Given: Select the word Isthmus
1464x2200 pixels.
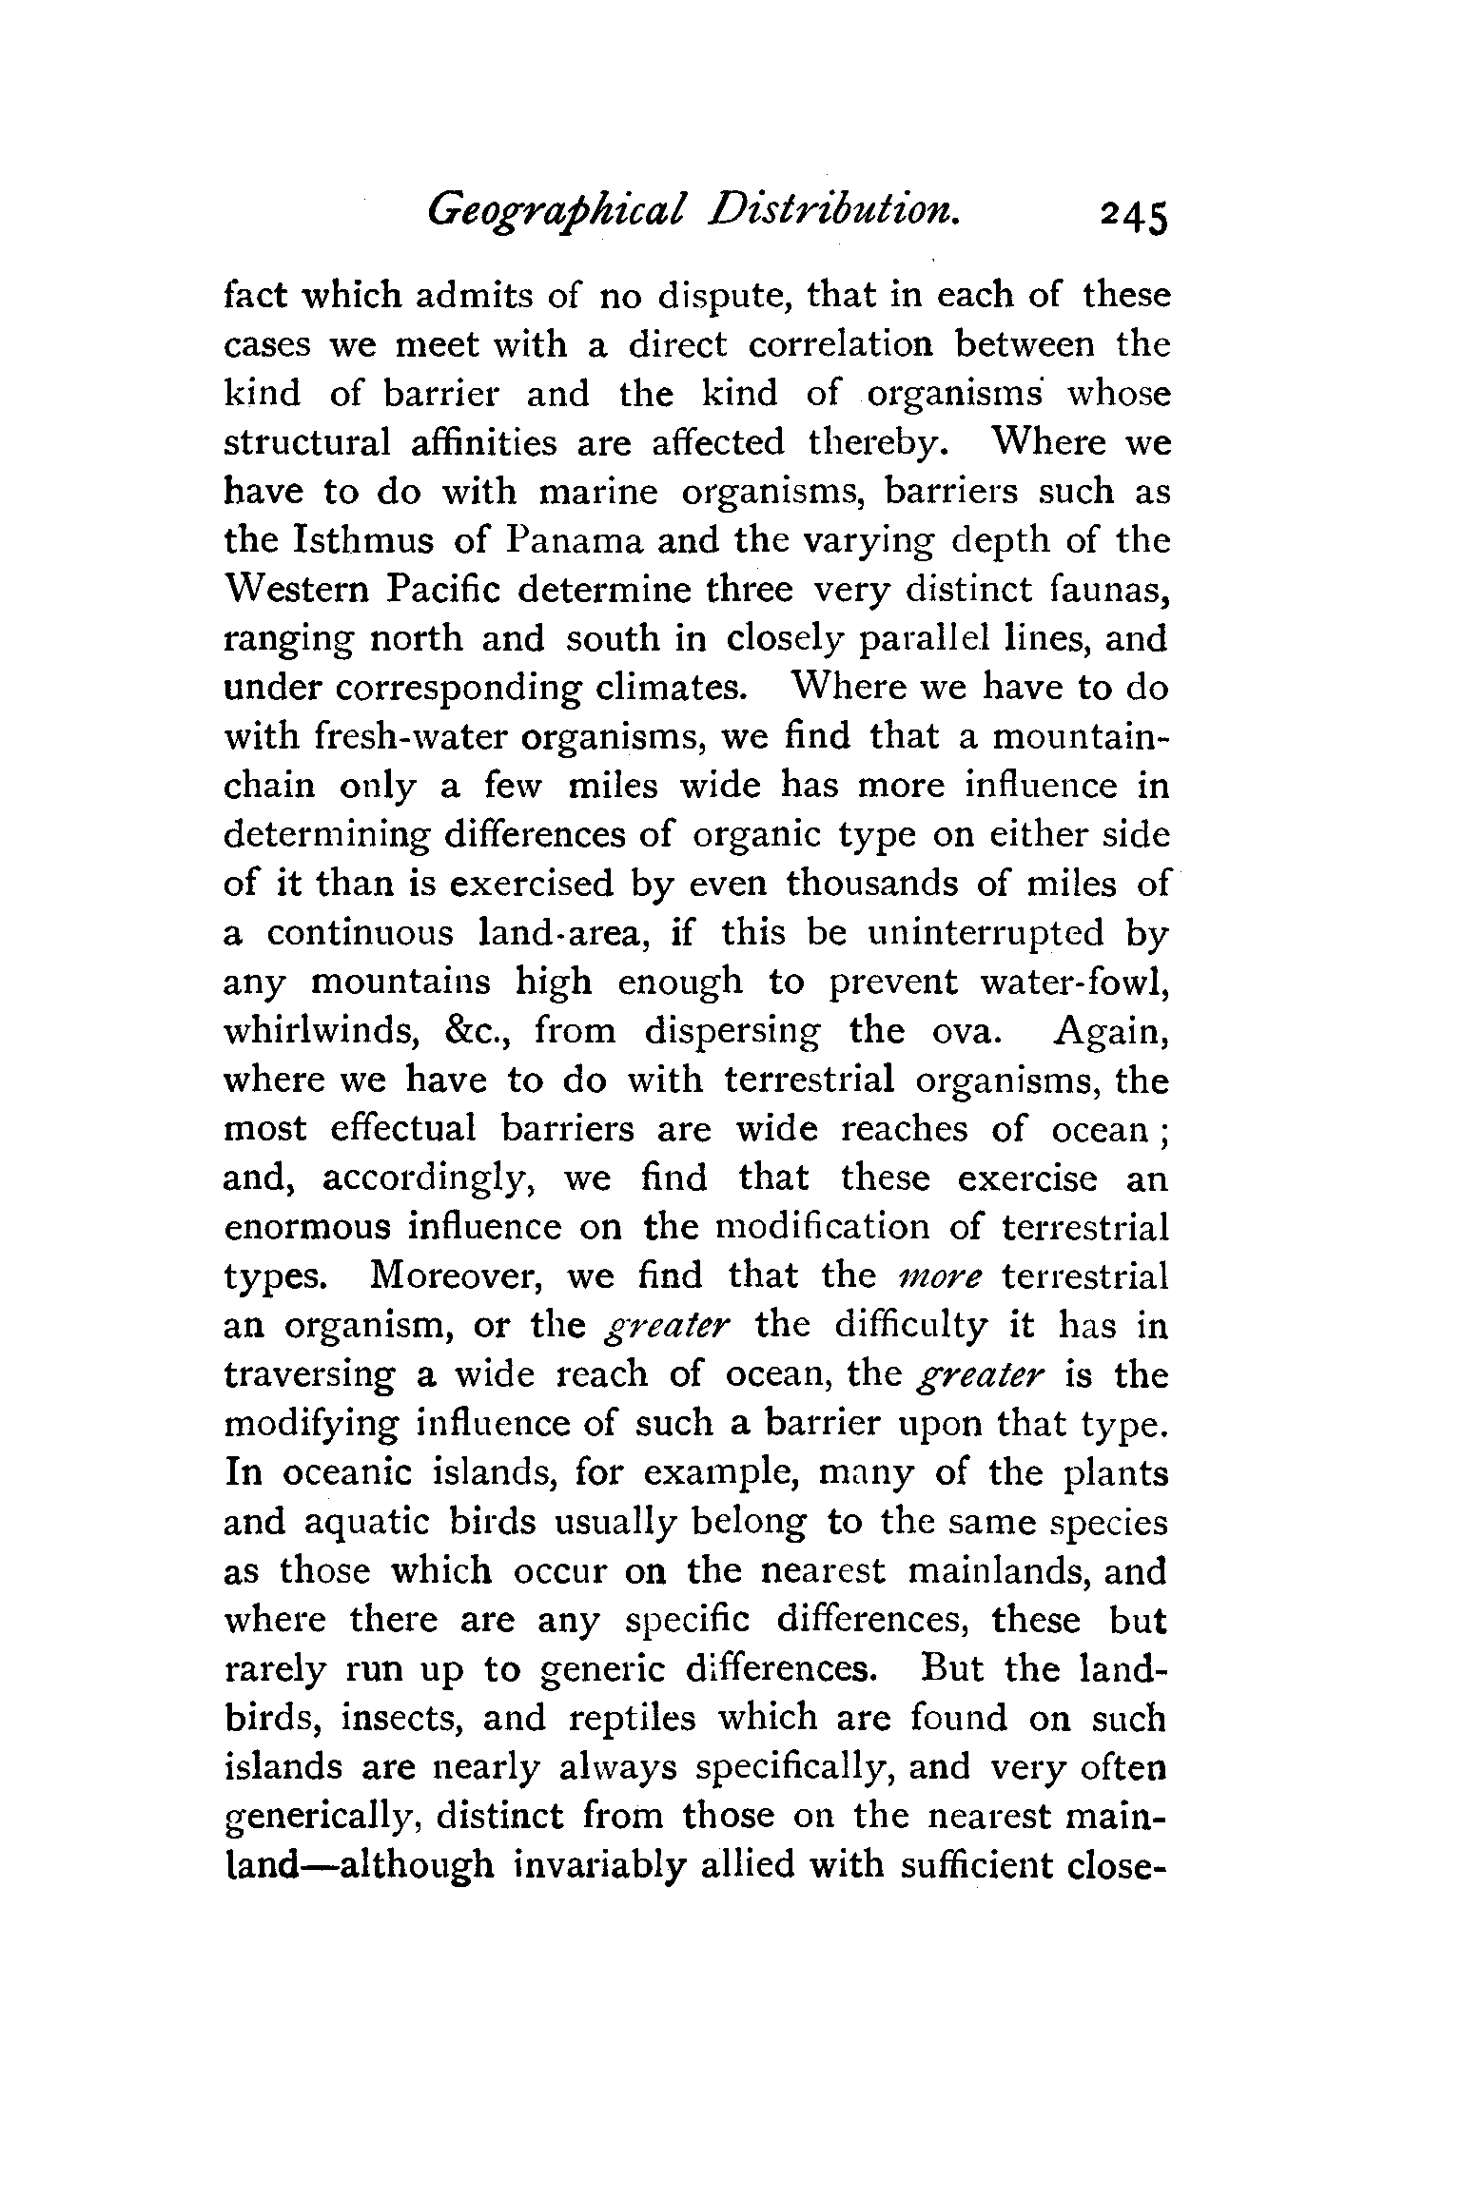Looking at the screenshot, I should point(366,541).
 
